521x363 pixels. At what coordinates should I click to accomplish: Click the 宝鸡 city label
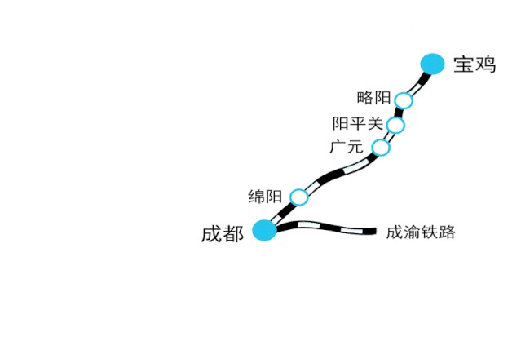click(x=475, y=64)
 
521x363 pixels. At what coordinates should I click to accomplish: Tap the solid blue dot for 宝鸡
click(x=432, y=64)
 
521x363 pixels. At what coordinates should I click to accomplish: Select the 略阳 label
click(x=373, y=98)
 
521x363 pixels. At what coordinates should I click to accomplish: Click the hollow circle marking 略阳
click(x=404, y=100)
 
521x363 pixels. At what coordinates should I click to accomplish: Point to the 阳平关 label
click(x=358, y=124)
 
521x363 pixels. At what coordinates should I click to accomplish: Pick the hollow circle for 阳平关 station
click(x=395, y=125)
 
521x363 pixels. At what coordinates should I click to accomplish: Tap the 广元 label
click(x=347, y=147)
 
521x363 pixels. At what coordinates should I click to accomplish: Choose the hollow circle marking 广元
click(x=381, y=148)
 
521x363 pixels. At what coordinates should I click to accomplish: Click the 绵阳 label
click(x=265, y=196)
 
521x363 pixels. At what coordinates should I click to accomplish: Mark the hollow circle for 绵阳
click(x=299, y=197)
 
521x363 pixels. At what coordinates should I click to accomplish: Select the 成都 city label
click(x=223, y=233)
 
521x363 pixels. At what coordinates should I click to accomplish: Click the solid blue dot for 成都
click(x=264, y=230)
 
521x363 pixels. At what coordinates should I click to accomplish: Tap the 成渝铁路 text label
click(x=421, y=232)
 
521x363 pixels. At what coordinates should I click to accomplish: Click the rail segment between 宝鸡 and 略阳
click(x=418, y=83)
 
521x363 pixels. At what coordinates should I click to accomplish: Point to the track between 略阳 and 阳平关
click(x=399, y=113)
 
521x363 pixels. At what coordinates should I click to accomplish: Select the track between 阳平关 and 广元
click(x=389, y=136)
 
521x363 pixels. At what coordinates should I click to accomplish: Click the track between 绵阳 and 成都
click(x=282, y=213)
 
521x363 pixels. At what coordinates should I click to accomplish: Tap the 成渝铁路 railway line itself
click(x=325, y=226)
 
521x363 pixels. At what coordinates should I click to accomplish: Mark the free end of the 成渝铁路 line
click(x=376, y=231)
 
